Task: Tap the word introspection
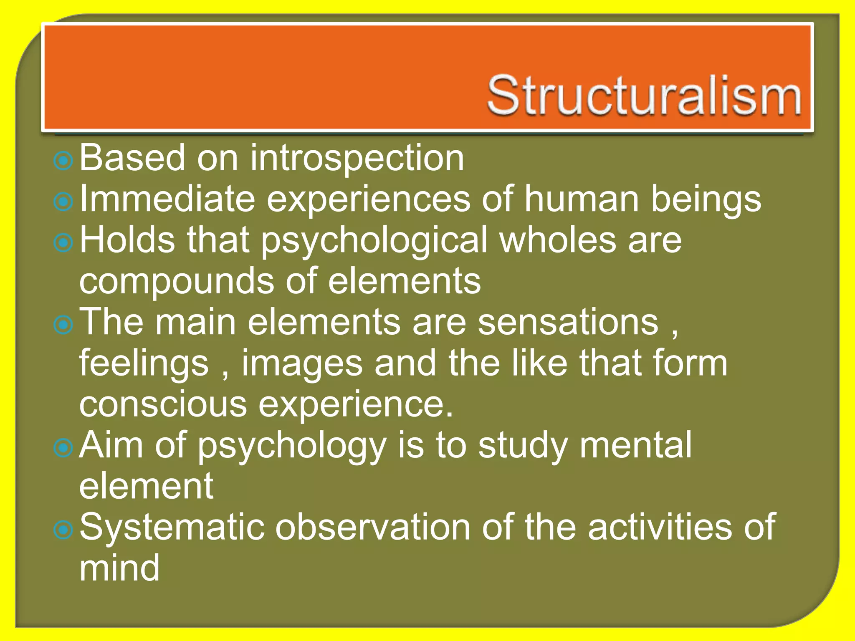[357, 158]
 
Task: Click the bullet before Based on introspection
[63, 160]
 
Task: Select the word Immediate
[167, 199]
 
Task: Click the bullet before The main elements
[63, 325]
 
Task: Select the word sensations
[568, 322]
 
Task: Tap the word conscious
[163, 404]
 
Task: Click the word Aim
[111, 445]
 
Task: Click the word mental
[635, 445]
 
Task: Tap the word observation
[372, 527]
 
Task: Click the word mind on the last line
[119, 568]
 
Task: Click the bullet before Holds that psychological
[63, 242]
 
